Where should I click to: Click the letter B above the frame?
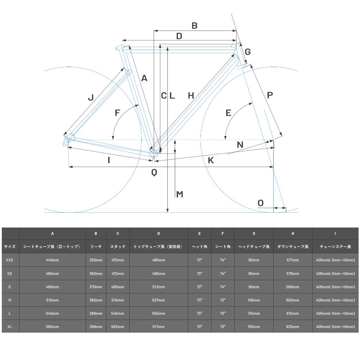[194, 26]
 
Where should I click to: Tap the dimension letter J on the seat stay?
[91, 97]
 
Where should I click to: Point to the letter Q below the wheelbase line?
[154, 172]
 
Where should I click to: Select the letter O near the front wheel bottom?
[261, 203]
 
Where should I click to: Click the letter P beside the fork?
[270, 95]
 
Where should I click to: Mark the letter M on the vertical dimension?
[180, 194]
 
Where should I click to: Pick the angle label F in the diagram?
[117, 113]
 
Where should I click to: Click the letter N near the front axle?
[240, 145]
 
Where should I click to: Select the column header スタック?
[118, 247]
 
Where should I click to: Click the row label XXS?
[10, 260]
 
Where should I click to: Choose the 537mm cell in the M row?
[158, 300]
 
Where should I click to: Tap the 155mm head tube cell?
[254, 327]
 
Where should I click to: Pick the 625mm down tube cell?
[293, 327]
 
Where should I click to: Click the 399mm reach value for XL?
[96, 327]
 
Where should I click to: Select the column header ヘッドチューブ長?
[254, 247]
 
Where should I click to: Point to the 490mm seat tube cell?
[53, 287]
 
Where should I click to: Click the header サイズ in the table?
[10, 247]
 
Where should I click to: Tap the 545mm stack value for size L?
[118, 314]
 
